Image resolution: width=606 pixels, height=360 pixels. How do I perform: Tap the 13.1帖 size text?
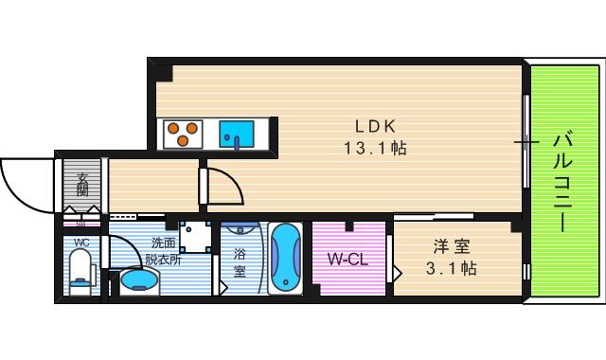(375, 149)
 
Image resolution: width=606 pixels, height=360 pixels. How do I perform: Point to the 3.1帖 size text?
(451, 269)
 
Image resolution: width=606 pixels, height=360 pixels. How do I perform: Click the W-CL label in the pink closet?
(348, 259)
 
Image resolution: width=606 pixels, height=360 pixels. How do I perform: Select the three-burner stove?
(183, 133)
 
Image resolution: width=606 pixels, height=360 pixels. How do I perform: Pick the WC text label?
(81, 243)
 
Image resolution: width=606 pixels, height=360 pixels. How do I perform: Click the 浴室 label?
(240, 262)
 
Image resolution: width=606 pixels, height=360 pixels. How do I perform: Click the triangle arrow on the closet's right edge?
(399, 276)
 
